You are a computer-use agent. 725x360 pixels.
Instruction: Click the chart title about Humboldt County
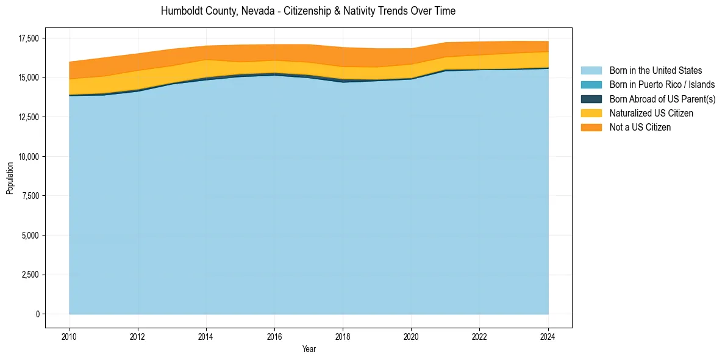(x=308, y=11)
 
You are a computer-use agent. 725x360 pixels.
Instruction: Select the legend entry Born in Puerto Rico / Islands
(x=662, y=85)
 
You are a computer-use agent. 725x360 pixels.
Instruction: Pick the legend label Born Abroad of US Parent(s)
(x=662, y=99)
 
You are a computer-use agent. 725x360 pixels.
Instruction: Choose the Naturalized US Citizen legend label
(x=651, y=113)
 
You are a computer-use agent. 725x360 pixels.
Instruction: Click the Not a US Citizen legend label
(x=640, y=128)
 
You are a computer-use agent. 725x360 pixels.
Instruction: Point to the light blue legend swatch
(x=591, y=71)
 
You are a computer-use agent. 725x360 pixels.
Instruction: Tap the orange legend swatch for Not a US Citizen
(x=591, y=128)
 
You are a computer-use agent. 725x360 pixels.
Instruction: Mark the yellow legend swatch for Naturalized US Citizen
(x=591, y=113)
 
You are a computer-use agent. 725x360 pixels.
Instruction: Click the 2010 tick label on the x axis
(x=70, y=336)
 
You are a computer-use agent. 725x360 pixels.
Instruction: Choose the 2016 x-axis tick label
(x=274, y=336)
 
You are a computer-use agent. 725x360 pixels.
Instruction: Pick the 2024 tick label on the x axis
(x=548, y=336)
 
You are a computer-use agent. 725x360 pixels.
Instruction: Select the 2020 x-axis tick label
(x=412, y=336)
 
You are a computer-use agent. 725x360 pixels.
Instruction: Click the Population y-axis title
(x=10, y=178)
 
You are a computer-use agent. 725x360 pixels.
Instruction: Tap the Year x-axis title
(x=309, y=349)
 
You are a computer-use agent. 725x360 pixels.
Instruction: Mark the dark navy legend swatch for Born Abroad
(x=591, y=99)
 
